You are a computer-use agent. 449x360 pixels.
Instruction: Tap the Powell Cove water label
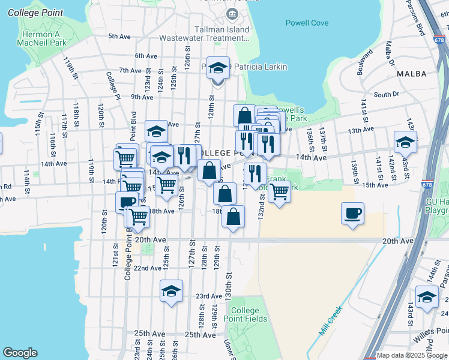tap(307, 23)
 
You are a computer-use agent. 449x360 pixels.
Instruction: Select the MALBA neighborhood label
tap(411, 74)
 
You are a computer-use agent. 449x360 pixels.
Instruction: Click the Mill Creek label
tap(330, 319)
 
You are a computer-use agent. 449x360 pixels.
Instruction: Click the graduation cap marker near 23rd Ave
tap(171, 292)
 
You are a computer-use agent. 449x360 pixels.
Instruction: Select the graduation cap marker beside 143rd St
tap(405, 143)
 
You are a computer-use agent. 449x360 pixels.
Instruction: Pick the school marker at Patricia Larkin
tap(219, 68)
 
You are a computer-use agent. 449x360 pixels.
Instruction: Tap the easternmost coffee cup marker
tap(352, 213)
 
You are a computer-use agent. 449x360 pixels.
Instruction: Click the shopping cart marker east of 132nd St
tap(279, 193)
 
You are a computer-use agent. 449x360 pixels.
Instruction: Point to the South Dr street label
tap(386, 94)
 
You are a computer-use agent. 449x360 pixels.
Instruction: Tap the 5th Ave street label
tap(119, 37)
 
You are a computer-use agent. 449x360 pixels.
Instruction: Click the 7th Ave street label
tap(130, 70)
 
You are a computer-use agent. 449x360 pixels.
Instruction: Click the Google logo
tap(20, 352)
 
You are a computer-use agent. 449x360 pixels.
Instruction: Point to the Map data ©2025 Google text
tap(412, 355)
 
